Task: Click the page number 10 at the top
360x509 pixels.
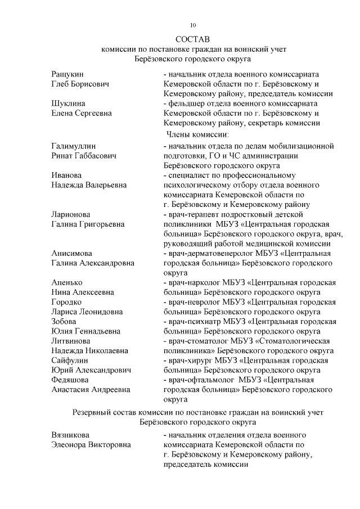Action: (192, 25)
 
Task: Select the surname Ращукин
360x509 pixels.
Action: (68, 74)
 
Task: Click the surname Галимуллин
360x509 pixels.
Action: (73, 146)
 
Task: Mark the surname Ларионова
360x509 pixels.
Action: (70, 214)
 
